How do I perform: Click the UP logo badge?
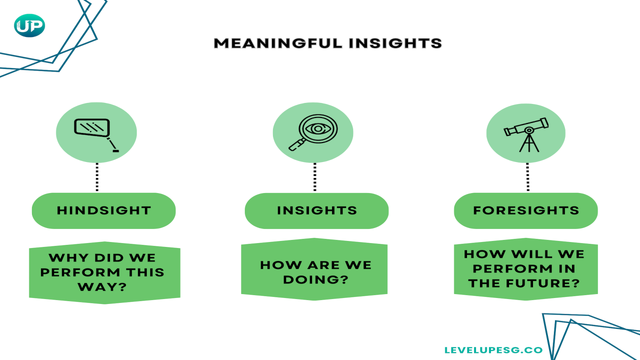(29, 25)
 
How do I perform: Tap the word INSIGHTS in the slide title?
(395, 43)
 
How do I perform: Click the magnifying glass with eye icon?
(313, 132)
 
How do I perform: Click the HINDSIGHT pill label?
(103, 210)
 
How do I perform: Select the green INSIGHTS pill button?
(316, 210)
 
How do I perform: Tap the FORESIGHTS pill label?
(525, 210)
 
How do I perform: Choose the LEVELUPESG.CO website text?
(493, 350)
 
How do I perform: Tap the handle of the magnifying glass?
(296, 145)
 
